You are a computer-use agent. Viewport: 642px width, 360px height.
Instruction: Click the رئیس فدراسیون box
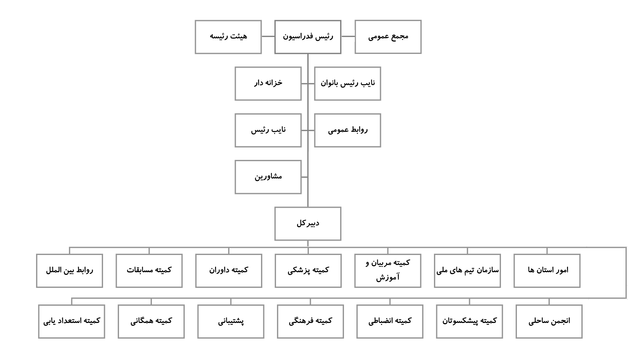click(308, 37)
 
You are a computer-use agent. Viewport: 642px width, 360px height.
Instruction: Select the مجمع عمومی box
click(388, 37)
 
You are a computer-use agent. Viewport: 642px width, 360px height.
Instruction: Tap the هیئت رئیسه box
click(228, 37)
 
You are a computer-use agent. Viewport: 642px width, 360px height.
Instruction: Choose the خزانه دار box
click(268, 84)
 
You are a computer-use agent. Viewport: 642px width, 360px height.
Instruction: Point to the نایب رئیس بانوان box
click(347, 84)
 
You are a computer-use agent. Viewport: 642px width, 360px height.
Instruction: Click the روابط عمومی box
click(347, 130)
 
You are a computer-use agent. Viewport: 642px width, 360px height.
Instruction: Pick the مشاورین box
click(268, 177)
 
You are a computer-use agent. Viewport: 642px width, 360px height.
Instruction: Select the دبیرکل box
click(308, 224)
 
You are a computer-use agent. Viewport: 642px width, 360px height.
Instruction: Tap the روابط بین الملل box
click(70, 271)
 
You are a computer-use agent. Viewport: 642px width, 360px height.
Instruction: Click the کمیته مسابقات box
click(149, 271)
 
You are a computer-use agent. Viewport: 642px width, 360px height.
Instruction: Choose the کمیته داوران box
click(228, 271)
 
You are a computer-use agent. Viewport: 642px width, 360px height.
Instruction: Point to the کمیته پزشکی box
click(308, 271)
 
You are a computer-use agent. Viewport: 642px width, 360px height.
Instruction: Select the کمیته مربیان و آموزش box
click(388, 271)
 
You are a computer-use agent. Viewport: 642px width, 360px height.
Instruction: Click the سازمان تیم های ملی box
click(467, 271)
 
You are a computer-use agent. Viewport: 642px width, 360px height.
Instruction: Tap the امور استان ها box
click(547, 271)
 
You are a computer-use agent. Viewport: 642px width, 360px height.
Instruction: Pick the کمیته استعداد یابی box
click(71, 321)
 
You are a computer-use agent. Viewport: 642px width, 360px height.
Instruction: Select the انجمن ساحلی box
click(549, 321)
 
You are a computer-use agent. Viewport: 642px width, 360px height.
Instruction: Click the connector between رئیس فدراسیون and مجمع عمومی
click(348, 36)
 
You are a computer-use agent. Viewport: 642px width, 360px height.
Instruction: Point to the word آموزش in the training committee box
click(387, 277)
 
